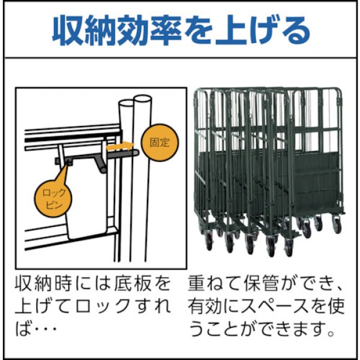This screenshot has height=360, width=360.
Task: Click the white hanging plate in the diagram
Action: pos(88,204)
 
